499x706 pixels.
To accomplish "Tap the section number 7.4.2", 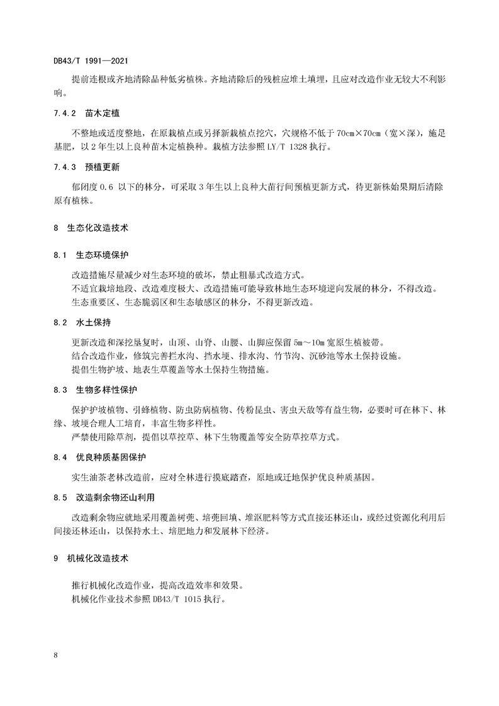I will [65, 114].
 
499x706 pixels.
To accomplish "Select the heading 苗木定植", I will [103, 114].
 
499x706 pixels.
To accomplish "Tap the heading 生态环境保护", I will [103, 255].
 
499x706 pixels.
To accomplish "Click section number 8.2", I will [60, 323].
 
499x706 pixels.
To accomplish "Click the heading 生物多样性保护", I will [107, 391].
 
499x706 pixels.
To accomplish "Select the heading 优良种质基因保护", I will [111, 457].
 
